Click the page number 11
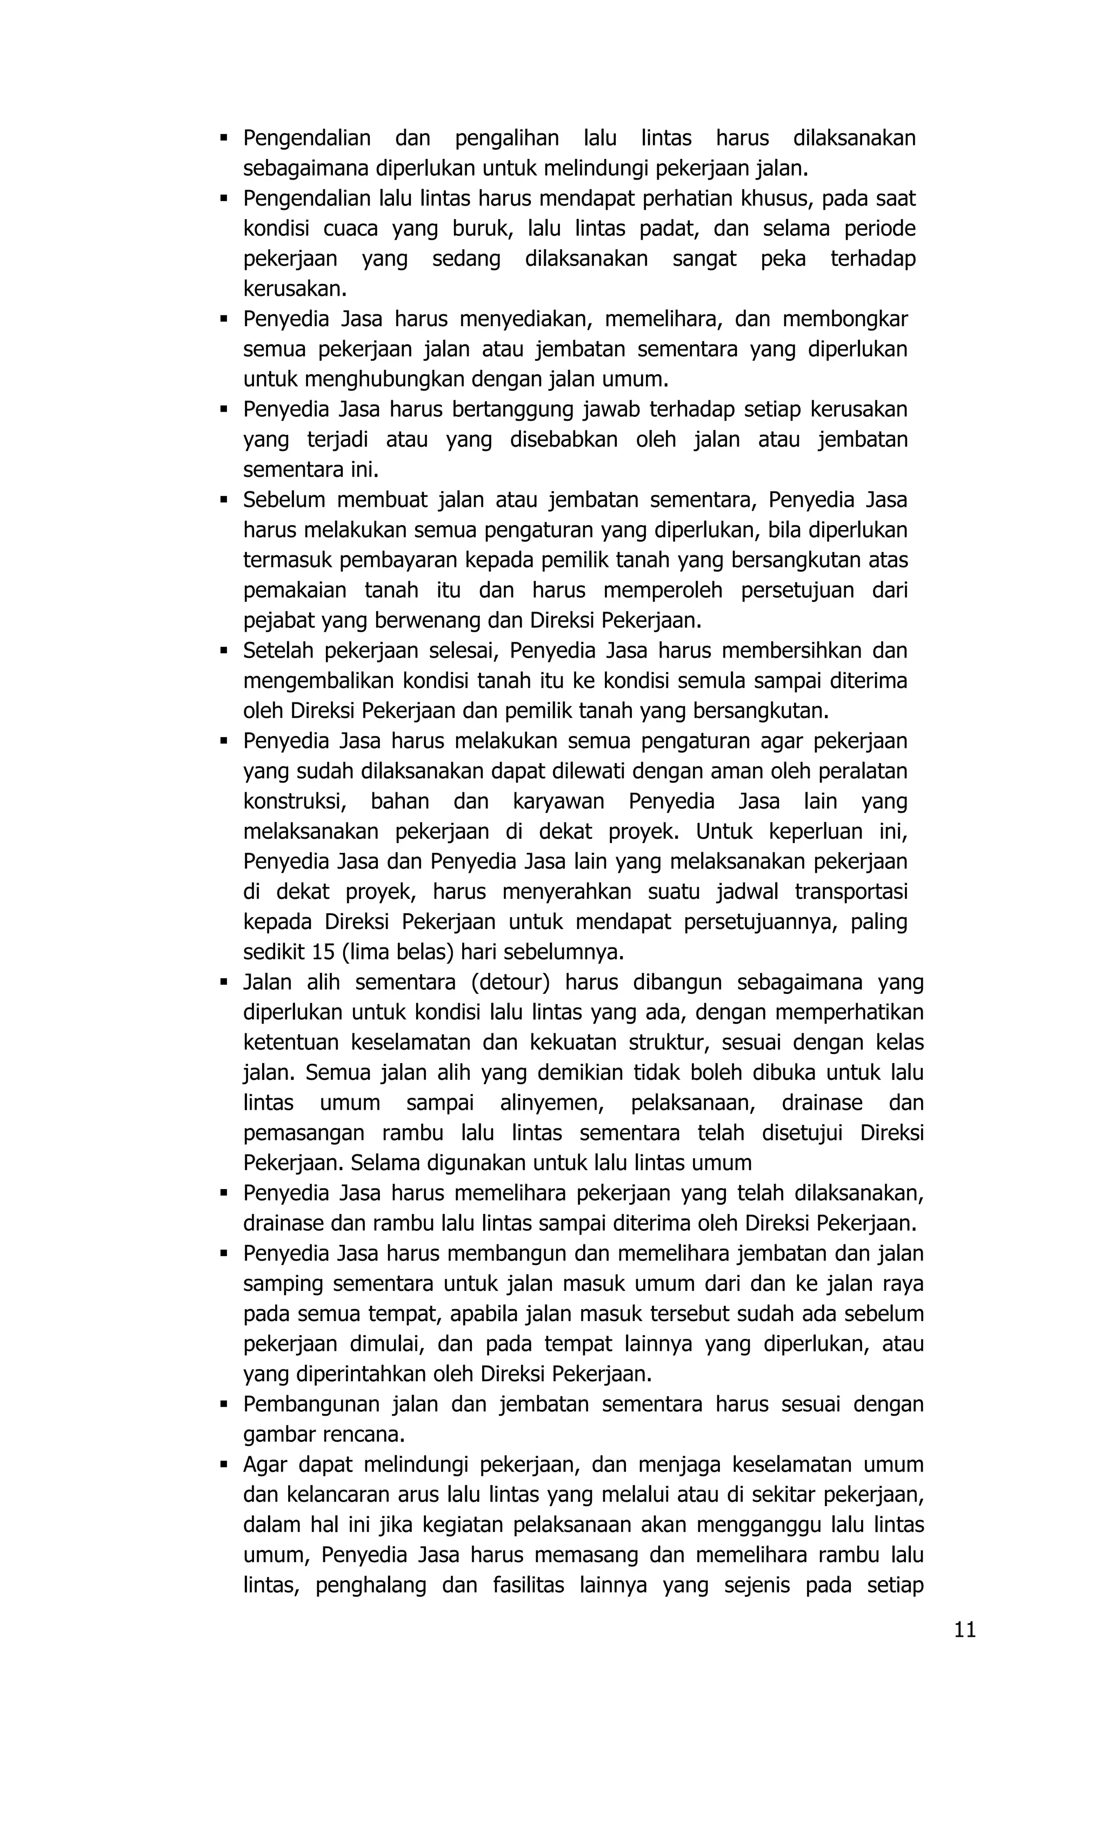[964, 1629]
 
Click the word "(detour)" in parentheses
[510, 983]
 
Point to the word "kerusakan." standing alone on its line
[295, 289]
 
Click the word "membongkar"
[844, 319]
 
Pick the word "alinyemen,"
[551, 1103]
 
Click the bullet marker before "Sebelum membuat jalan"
[223, 500]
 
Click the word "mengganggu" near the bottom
[746, 1525]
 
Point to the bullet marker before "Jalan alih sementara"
[223, 983]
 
